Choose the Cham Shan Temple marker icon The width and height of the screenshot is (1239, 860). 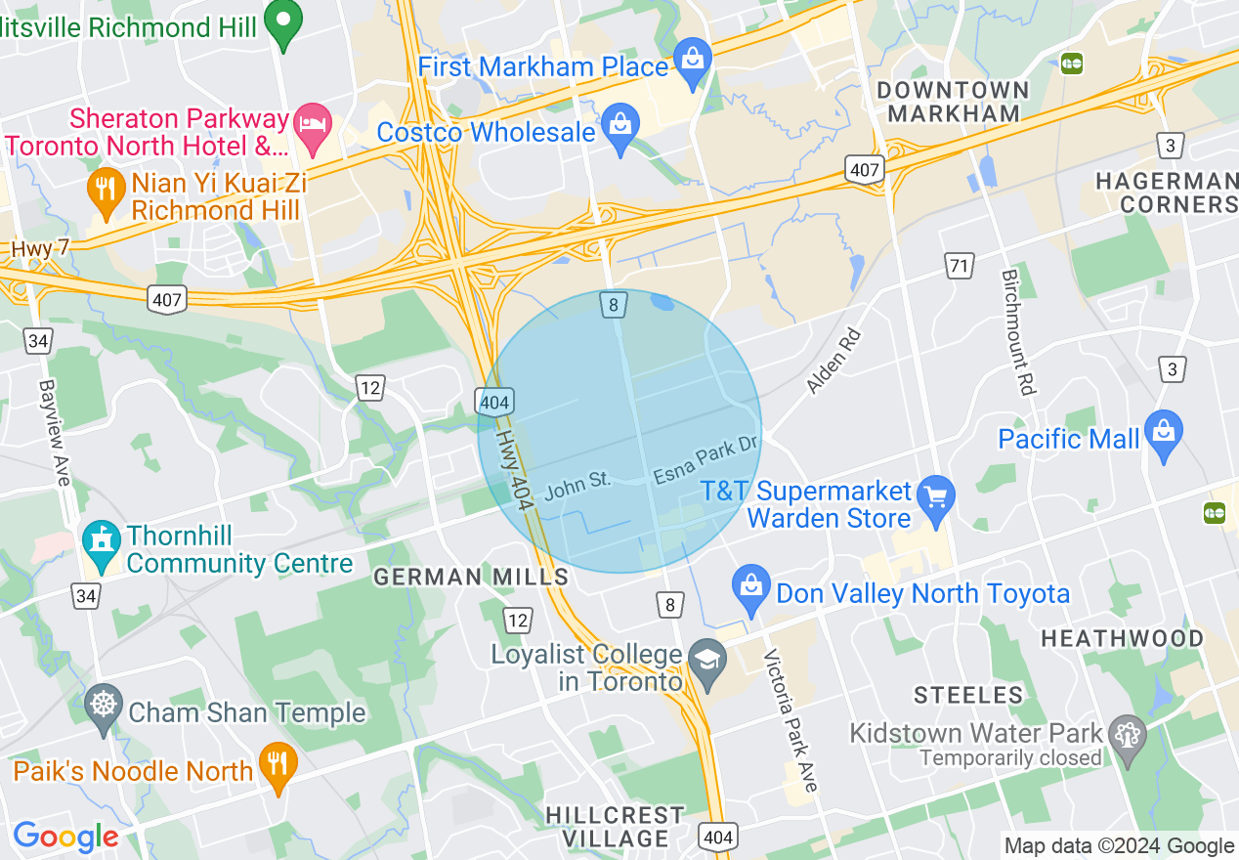coord(102,708)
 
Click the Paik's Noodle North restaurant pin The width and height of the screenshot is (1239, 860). coord(278,766)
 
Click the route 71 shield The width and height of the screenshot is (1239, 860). coord(961,264)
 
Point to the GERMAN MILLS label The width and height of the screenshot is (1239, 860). coord(471,578)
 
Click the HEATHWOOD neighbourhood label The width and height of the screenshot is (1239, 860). coord(1122,639)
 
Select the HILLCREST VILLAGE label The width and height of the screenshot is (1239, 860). coord(615,827)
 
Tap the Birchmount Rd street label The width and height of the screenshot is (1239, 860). coord(1016,332)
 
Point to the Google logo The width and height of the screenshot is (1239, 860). coord(65,837)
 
